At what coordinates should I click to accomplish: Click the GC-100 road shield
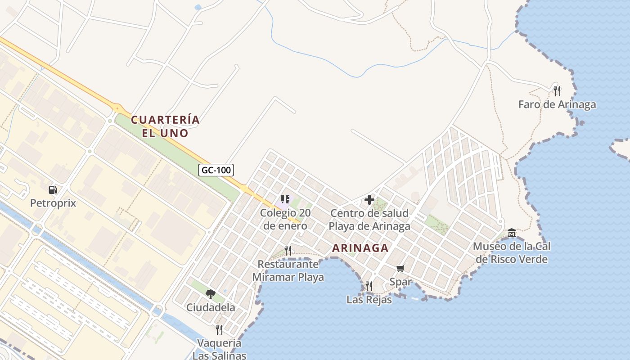pos(216,170)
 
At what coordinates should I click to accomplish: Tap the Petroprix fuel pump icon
pos(53,190)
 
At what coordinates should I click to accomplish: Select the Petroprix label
pos(53,203)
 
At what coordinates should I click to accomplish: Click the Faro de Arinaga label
pos(557,104)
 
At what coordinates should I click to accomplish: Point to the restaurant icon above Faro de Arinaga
pos(557,91)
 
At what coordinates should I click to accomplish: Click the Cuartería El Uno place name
pos(165,126)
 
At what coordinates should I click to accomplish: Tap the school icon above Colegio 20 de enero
pos(285,199)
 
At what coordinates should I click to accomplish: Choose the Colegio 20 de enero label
pos(285,219)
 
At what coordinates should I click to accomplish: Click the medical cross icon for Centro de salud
pos(369,200)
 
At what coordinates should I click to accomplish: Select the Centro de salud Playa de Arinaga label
pos(369,219)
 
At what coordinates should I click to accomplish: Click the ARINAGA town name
pos(360,248)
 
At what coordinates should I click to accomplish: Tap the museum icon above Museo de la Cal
pos(512,233)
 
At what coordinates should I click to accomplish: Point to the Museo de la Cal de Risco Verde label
pos(512,253)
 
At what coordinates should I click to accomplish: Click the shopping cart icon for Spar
pos(400,269)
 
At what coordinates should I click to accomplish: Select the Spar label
pos(400,282)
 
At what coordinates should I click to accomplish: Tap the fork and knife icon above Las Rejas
pos(369,286)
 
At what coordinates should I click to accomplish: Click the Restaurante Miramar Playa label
pos(288,270)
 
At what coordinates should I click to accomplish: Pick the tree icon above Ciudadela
pos(210,294)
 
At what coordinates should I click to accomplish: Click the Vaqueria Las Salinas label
pos(220,349)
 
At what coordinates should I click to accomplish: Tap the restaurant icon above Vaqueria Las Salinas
pos(219,330)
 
